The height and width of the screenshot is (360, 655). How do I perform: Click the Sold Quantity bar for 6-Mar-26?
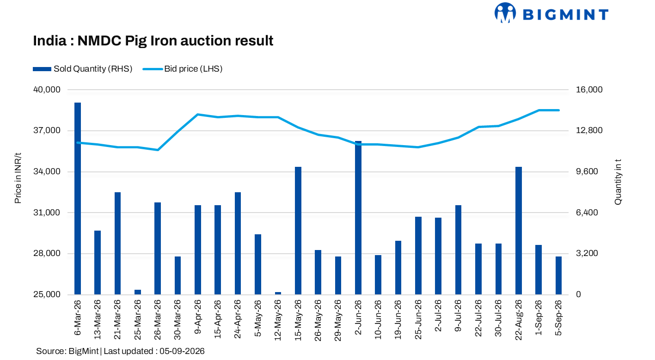coord(78,198)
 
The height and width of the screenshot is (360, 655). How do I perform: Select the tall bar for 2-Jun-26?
coord(358,218)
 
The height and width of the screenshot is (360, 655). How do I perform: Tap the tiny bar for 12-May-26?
coord(278,293)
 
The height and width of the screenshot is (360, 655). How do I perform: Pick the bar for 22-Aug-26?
coord(519,231)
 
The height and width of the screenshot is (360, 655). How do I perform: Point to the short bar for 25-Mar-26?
coord(137,292)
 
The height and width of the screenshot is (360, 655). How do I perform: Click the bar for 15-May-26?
coord(298,231)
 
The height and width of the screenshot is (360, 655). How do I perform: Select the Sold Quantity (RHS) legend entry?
coord(83,69)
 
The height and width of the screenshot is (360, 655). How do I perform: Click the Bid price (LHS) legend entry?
coord(183,69)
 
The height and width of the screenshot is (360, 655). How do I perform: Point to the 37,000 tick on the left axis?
coord(47,130)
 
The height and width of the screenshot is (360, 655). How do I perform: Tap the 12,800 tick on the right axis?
coord(589,130)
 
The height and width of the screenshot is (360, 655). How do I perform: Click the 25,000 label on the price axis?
coord(47,294)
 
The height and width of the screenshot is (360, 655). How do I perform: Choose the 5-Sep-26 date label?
coord(558,317)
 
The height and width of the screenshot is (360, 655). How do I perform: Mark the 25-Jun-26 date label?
coord(418,319)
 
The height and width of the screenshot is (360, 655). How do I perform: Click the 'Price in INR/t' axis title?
coord(18,178)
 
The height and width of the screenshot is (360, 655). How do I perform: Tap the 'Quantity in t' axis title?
coord(618,182)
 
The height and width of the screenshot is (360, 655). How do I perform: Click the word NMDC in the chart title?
coord(99,41)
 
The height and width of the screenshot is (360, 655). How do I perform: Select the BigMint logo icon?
coord(505,12)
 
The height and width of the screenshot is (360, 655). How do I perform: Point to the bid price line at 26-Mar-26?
coord(158,150)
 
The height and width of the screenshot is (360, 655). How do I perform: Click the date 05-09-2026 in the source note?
coord(182,351)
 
